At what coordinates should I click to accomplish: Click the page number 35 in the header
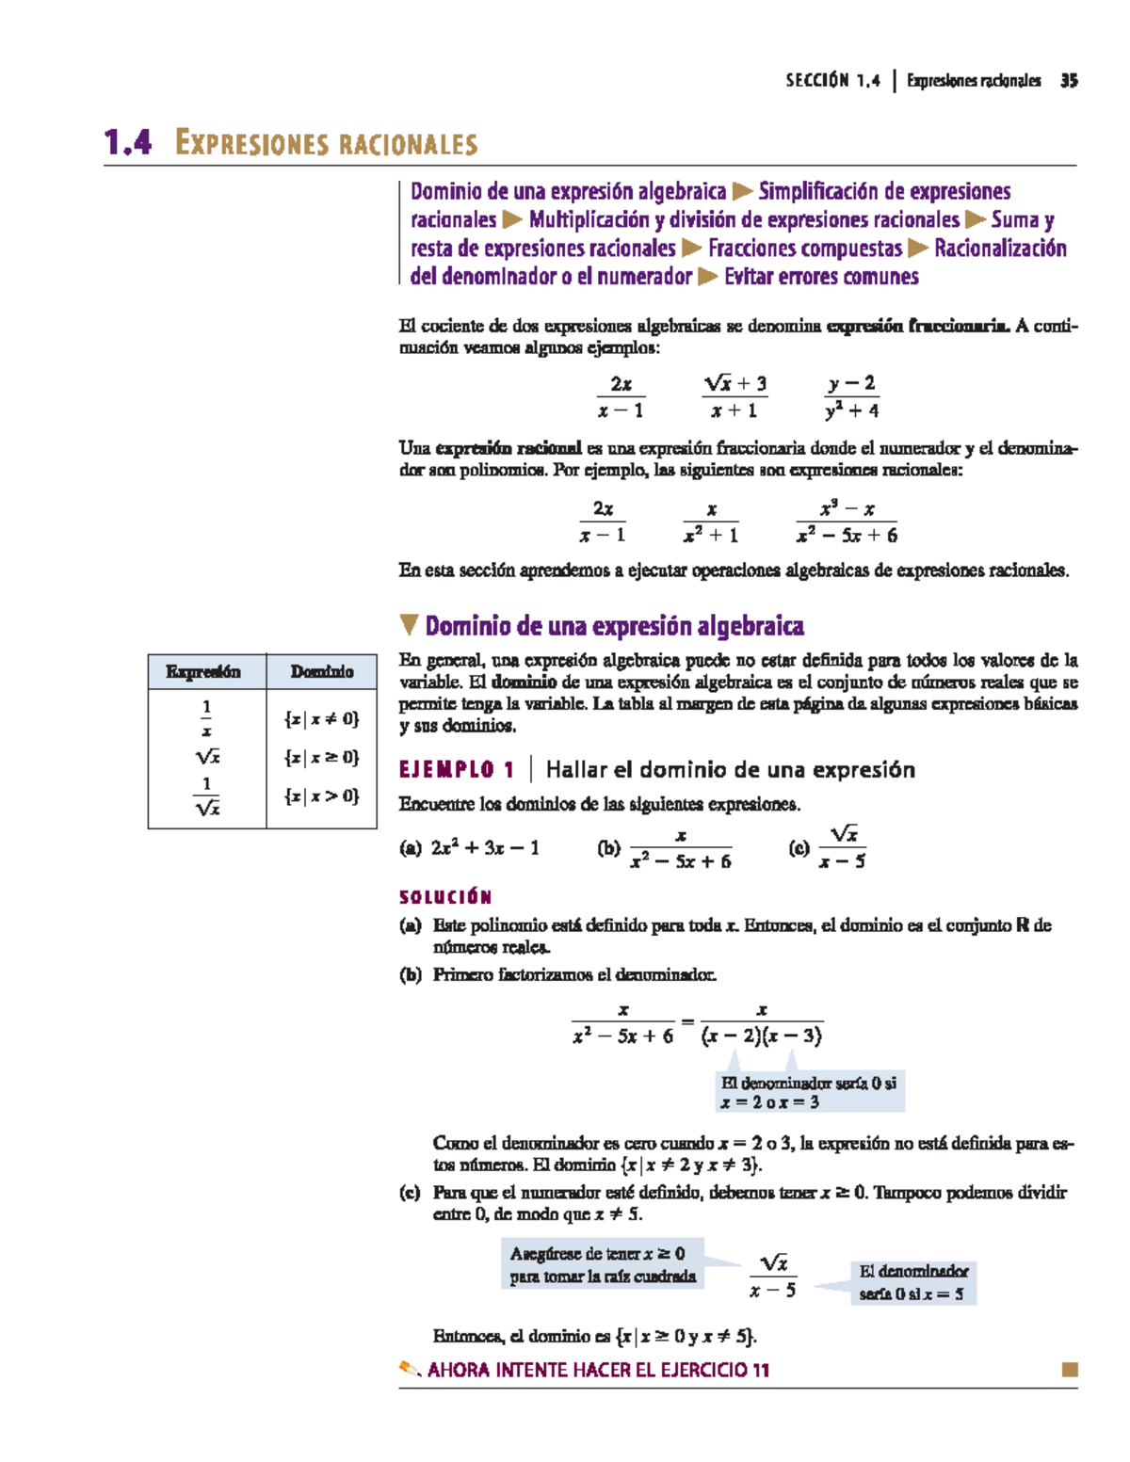tap(1068, 81)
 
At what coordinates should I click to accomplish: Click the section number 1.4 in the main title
tap(128, 143)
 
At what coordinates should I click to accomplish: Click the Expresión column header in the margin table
tap(203, 671)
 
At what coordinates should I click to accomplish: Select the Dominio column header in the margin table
tap(322, 671)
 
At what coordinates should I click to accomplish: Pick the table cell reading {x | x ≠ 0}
tap(321, 719)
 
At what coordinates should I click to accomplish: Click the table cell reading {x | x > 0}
tap(321, 796)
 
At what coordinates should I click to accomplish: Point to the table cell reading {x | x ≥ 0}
tap(321, 757)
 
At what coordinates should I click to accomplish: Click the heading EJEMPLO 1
tap(457, 770)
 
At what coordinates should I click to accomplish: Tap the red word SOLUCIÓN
tap(445, 897)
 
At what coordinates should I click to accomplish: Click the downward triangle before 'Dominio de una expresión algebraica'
tap(408, 625)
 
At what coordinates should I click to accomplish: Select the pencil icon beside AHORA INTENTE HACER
tap(410, 1369)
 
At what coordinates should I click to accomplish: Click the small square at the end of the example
tap(1069, 1370)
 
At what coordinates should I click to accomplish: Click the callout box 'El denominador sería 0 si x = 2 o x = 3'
tap(809, 1093)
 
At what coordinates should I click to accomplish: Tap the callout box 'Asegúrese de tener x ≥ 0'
tap(603, 1265)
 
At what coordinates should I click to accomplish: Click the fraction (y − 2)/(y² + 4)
tap(851, 396)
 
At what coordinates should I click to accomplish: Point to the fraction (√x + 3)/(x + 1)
tap(734, 396)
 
